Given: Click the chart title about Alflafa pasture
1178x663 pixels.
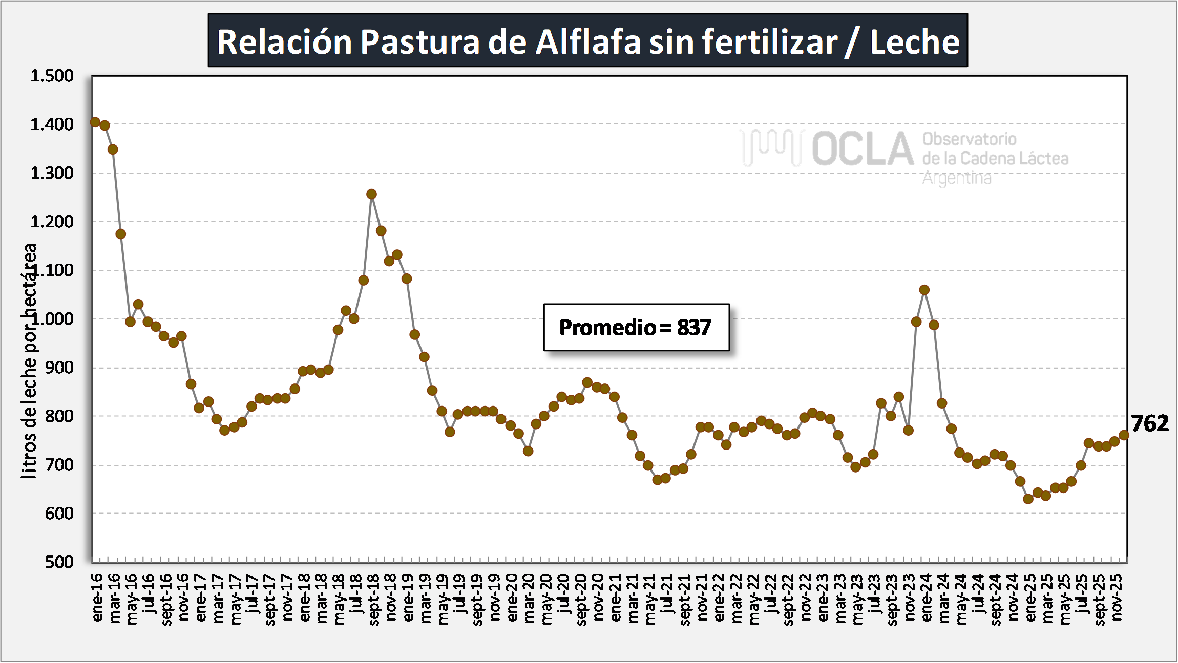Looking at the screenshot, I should tap(587, 41).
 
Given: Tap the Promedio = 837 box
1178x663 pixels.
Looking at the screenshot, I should tap(636, 328).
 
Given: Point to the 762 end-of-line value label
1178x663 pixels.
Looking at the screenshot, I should tap(1150, 423).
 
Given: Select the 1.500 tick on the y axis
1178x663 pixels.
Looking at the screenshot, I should tap(52, 76).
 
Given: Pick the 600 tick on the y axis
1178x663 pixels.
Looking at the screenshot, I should tap(59, 514).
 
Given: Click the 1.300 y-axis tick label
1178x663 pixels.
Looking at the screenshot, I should tap(52, 173).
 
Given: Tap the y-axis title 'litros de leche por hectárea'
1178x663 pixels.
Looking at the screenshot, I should tap(30, 361).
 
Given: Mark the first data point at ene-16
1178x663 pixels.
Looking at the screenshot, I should tap(95, 122).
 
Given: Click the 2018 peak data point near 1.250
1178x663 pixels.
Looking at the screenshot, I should tap(372, 194).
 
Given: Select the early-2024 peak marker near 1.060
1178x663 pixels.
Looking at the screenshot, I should tap(924, 290).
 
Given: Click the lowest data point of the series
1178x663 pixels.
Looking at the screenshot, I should tap(1028, 499).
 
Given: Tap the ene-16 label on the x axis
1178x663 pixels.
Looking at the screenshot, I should tap(97, 598).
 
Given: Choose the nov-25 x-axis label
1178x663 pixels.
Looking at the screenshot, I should tap(1117, 597).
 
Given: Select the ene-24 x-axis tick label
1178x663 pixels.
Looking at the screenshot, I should tap(927, 598).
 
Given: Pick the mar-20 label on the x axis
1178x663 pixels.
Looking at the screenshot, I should tap(529, 598).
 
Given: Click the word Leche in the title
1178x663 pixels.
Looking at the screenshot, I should tap(915, 42).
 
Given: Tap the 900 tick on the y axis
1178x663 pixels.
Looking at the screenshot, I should tap(59, 368).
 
